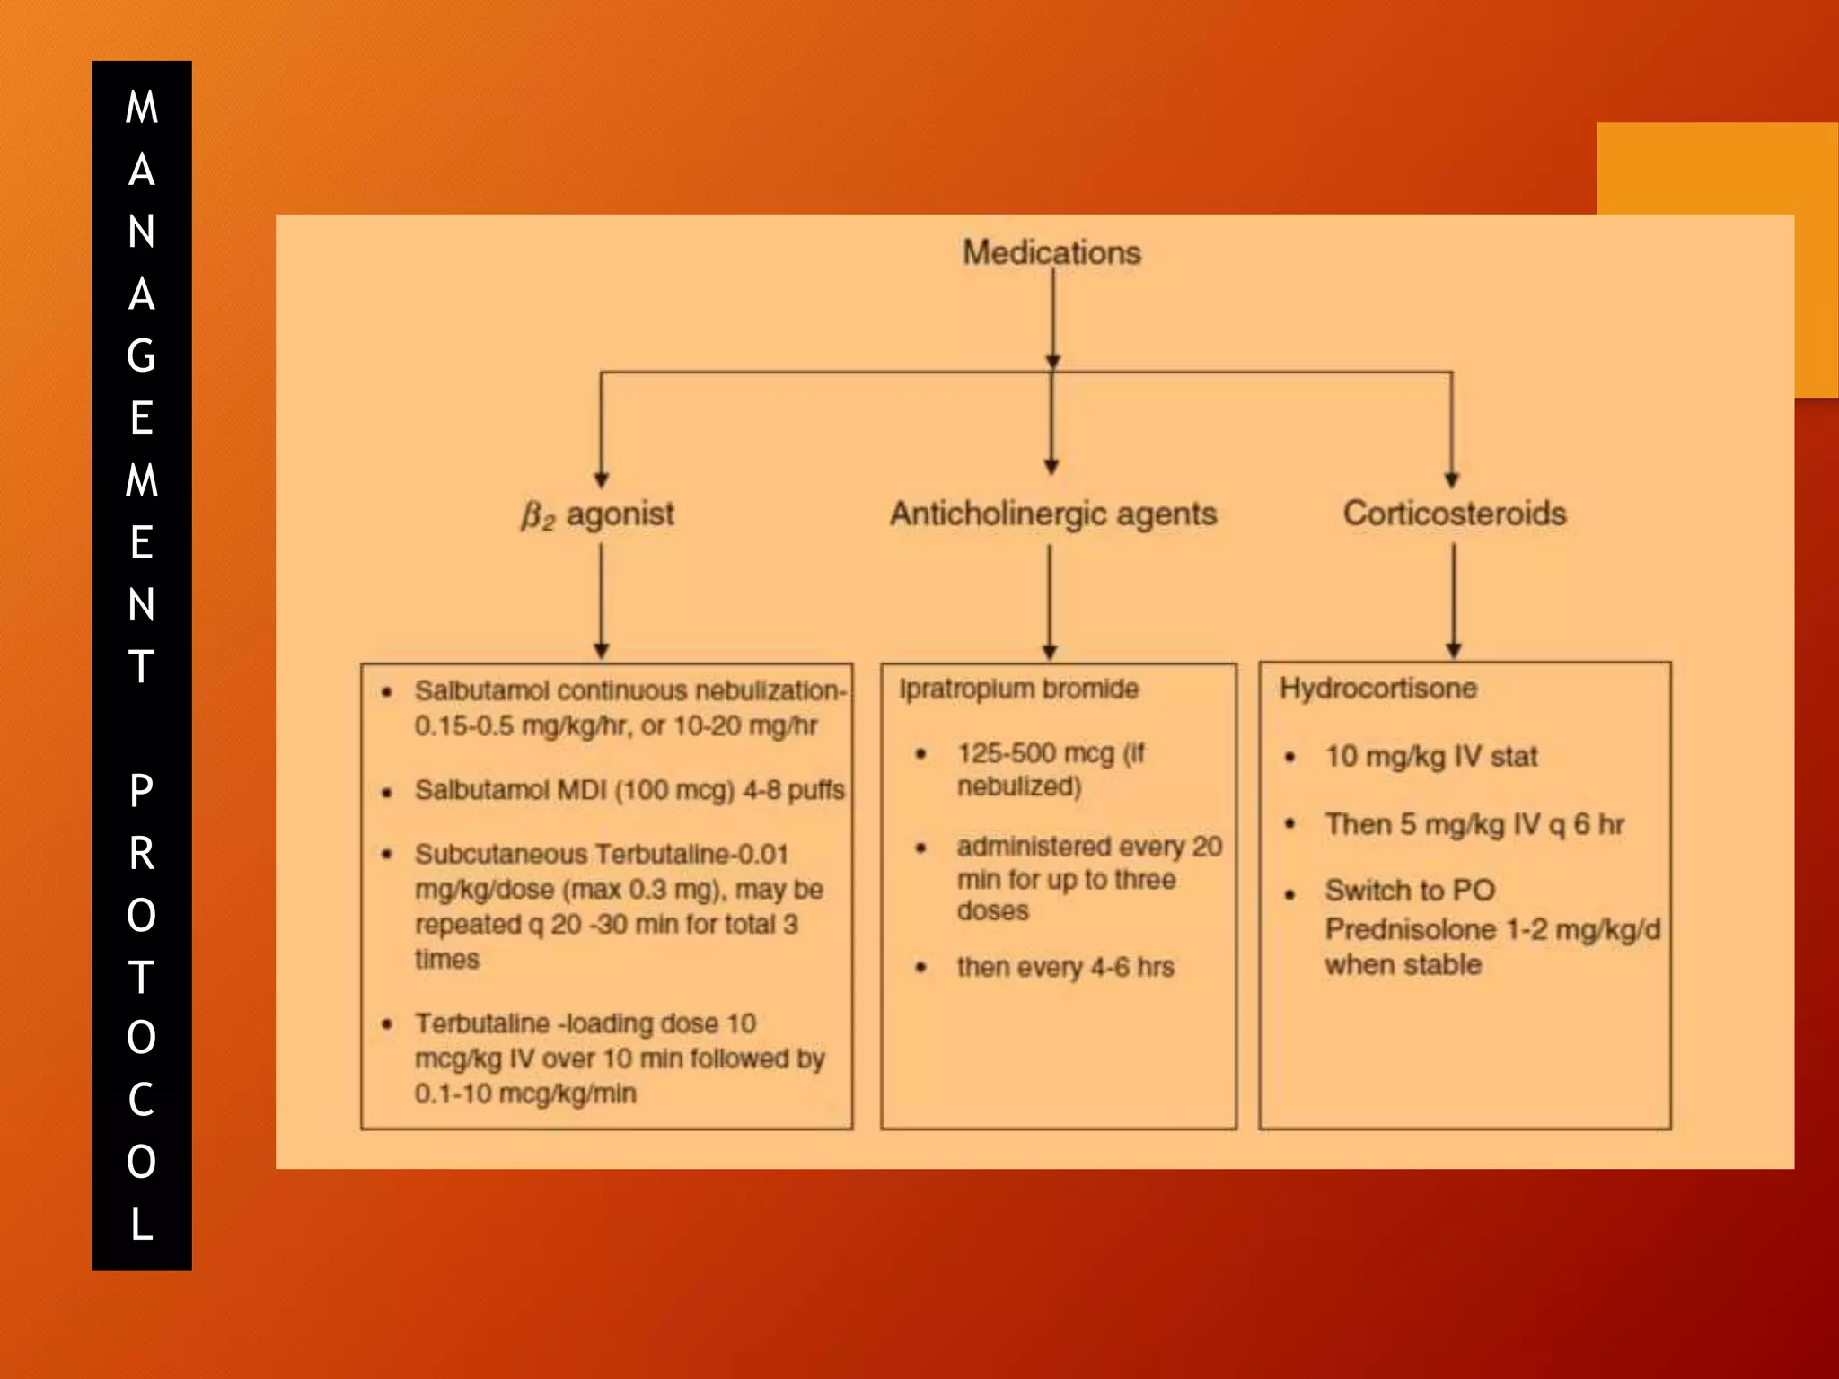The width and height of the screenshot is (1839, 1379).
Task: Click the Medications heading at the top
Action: (x=1051, y=252)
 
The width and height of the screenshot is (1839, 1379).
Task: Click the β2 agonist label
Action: (x=598, y=514)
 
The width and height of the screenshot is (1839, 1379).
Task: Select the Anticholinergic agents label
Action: (x=1053, y=514)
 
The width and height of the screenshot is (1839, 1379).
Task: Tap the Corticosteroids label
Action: (x=1454, y=514)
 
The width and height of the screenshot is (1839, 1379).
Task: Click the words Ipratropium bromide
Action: (x=1018, y=689)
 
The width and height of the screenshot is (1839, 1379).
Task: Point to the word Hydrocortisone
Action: (x=1377, y=689)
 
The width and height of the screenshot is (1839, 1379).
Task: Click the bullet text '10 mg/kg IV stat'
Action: (x=1431, y=756)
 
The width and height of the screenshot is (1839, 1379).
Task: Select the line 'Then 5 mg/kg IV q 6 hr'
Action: (x=1474, y=824)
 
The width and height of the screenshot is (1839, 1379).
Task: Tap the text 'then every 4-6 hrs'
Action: (x=1065, y=967)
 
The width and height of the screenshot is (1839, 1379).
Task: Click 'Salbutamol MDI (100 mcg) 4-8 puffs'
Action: (x=629, y=790)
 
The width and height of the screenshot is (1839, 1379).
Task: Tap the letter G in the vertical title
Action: (x=141, y=356)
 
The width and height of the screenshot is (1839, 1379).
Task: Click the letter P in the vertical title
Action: (x=141, y=791)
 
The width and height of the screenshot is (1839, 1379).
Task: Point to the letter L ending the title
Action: (x=141, y=1224)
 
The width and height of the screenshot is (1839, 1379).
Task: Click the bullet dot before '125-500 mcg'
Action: (x=920, y=754)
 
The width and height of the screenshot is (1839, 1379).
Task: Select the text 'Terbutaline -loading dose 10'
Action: (x=585, y=1023)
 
